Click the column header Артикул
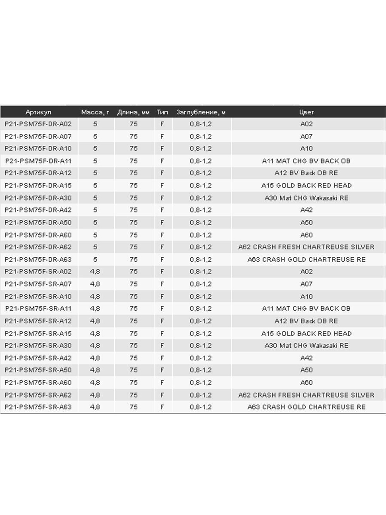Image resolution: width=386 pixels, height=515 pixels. coord(38,112)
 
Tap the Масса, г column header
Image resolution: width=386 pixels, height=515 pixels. coord(95,112)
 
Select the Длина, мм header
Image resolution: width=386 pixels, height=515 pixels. coord(134,112)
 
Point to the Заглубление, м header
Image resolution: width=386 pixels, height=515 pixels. coord(201,112)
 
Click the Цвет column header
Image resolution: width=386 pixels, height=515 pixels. coord(306,112)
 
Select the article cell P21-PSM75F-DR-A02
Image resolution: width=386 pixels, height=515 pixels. coord(38,124)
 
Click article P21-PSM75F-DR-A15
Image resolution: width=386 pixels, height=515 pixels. coord(38,185)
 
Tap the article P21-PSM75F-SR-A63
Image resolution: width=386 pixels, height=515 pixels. coord(38,407)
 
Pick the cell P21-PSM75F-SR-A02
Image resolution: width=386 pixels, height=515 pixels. coord(38,272)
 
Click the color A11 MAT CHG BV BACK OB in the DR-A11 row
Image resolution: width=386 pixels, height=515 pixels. coord(306,161)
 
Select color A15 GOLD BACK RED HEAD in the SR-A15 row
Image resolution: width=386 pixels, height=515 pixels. coord(306,333)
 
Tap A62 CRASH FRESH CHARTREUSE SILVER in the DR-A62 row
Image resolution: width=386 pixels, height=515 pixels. coord(306,247)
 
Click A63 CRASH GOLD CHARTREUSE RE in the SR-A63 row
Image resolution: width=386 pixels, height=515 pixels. coord(306,407)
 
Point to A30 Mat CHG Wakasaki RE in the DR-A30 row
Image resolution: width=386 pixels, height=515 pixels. coord(306,198)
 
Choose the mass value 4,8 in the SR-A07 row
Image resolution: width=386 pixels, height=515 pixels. coord(95,284)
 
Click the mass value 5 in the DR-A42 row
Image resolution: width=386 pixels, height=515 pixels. coord(95,210)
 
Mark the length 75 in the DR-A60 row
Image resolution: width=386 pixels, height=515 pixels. coord(134,235)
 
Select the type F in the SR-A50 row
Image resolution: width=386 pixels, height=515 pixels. coord(162,370)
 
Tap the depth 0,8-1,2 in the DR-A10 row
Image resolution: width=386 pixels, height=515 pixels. coord(201,148)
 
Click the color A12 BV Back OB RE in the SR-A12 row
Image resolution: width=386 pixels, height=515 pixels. coord(306,321)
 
